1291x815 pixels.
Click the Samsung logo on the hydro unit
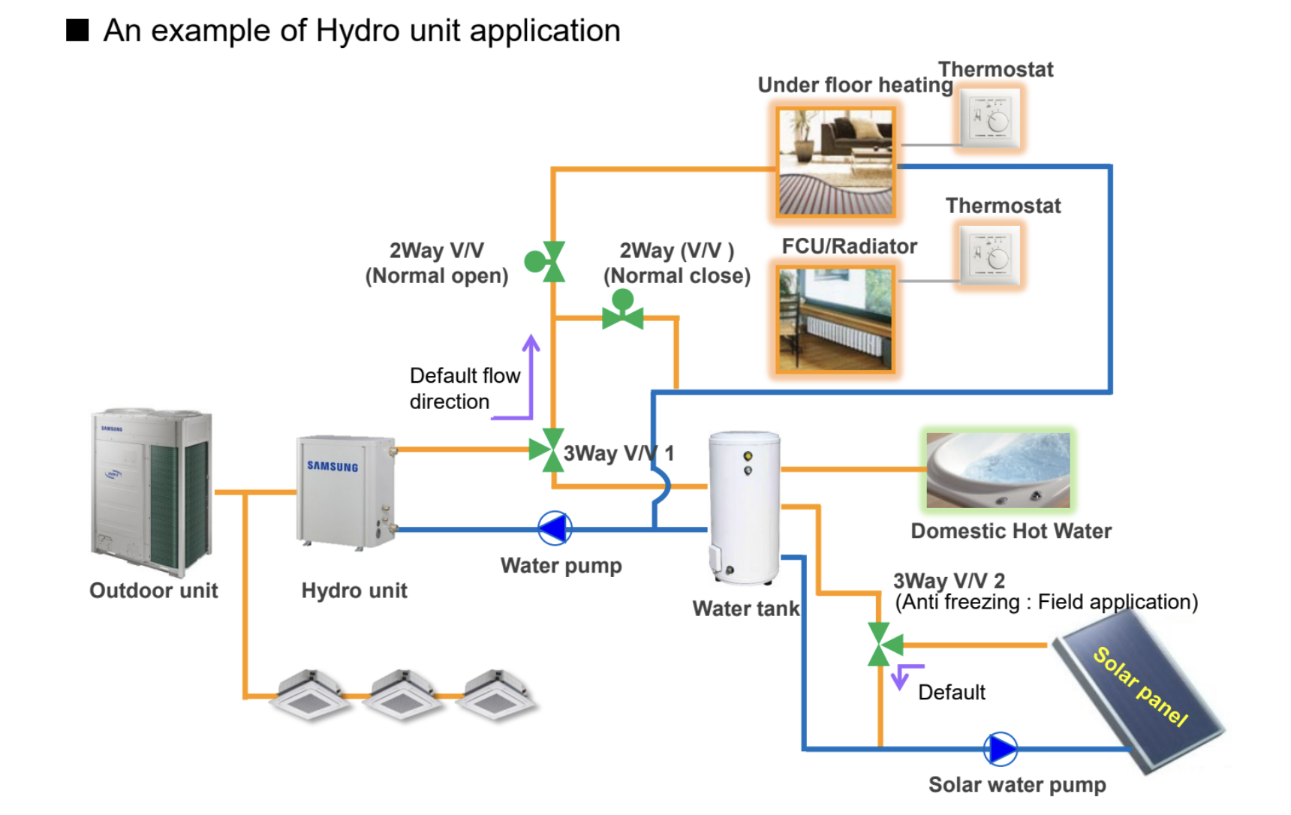pos(333,466)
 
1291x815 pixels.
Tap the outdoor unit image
pos(152,492)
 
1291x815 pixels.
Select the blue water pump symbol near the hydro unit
pos(555,529)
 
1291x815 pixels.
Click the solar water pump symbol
pos(1001,749)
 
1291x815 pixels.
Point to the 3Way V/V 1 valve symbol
pos(548,450)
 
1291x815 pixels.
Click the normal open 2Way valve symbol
pos(546,261)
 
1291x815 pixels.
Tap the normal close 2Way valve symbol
pos(622,310)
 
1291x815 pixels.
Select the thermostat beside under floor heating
pos(991,119)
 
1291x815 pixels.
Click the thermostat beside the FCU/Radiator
pos(991,256)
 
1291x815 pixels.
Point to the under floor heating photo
pos(835,162)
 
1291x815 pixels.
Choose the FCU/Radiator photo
pos(835,319)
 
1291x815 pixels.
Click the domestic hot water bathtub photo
pos(998,470)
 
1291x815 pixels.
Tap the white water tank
pos(745,507)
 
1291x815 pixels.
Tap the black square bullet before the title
pos(77,30)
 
